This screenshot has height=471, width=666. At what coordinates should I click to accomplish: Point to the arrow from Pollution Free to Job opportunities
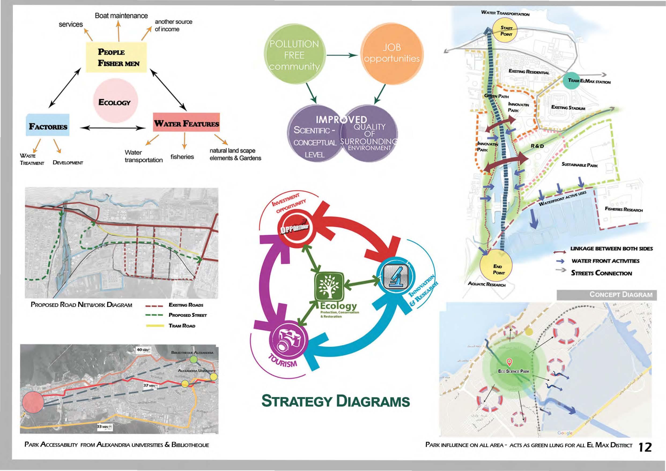click(342, 55)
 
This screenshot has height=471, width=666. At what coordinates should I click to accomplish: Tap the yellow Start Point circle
click(506, 31)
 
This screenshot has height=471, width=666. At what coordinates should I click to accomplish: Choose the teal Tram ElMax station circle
click(573, 80)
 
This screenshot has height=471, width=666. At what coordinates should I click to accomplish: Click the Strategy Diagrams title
click(335, 401)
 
